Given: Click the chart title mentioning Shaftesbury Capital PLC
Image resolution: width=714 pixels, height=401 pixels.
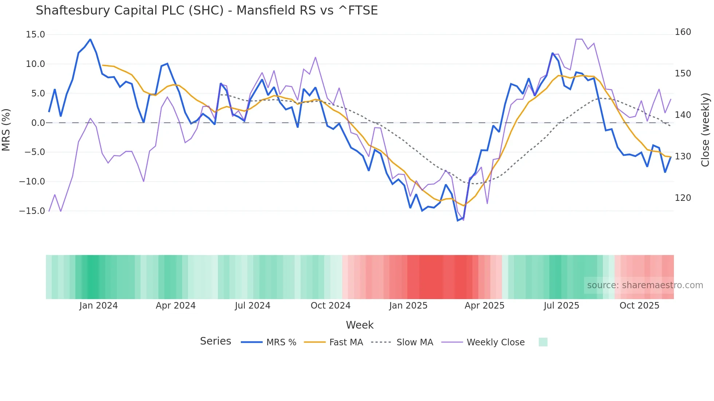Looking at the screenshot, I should [207, 11].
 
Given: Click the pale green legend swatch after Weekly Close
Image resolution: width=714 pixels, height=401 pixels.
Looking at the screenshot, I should [543, 342].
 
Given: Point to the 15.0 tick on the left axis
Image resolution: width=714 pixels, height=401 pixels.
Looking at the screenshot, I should [35, 35].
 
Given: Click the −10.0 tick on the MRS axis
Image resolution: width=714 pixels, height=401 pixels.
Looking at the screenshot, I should [32, 182].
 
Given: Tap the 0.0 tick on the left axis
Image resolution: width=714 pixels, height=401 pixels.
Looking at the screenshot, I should [38, 123].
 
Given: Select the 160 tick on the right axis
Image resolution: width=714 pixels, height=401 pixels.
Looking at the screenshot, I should [683, 32].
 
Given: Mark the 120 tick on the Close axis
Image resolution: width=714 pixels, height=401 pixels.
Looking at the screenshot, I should [683, 198].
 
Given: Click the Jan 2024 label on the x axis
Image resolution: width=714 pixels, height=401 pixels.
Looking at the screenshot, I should [98, 306].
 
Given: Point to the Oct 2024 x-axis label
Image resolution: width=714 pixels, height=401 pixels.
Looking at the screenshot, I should [330, 306].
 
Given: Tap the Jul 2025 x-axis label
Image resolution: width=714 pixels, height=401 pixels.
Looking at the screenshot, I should [561, 306].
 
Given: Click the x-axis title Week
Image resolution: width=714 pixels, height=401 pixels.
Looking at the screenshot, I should [360, 325].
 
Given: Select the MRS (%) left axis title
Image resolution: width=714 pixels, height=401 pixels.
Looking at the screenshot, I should [6, 130].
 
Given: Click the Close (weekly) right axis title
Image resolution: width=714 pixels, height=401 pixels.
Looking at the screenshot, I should [705, 130].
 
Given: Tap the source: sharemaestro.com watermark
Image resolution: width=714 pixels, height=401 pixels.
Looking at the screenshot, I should [645, 285].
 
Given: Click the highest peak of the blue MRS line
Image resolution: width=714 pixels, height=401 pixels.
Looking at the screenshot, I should [90, 39].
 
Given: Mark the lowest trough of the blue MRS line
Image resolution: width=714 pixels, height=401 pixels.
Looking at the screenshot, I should [458, 221].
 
